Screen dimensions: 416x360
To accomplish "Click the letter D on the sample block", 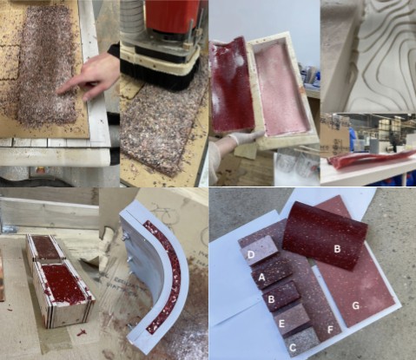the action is (x=251, y=254).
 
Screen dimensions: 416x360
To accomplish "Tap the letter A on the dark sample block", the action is (x=261, y=278).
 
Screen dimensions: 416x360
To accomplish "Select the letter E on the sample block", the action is (x=281, y=324).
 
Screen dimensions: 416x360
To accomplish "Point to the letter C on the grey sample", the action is (x=293, y=348).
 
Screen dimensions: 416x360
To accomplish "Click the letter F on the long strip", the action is (x=330, y=330).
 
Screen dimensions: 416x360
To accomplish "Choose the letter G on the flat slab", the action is (x=356, y=305).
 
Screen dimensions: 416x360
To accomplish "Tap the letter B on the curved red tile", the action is (x=337, y=249).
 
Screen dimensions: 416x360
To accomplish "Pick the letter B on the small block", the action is (x=271, y=299).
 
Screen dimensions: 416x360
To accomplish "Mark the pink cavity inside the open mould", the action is (x=280, y=89).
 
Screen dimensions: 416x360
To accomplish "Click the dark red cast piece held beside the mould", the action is (x=231, y=84).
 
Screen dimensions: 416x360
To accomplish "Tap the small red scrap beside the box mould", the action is (x=82, y=332).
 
